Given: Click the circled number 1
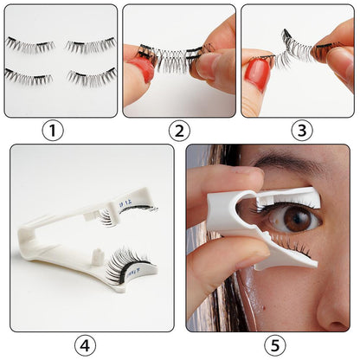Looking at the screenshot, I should click(54, 132).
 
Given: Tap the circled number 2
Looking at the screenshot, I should click(178, 132).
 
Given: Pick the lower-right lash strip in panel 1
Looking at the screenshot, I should click(90, 78).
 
